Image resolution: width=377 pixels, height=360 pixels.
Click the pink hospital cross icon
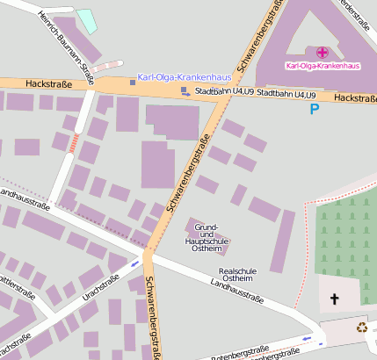[323, 53]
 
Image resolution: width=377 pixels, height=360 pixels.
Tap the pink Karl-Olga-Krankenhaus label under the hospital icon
[323, 66]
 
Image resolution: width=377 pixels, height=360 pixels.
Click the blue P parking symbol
[315, 109]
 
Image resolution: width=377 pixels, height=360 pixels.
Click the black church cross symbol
[334, 299]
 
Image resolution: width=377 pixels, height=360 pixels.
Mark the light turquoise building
[86, 20]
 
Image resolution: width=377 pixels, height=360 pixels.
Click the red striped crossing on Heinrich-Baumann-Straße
[74, 140]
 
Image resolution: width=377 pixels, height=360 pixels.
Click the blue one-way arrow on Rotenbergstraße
[307, 338]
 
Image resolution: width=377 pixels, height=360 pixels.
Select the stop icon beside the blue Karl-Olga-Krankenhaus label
[133, 82]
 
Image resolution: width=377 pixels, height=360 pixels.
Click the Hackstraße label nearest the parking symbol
[355, 99]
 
